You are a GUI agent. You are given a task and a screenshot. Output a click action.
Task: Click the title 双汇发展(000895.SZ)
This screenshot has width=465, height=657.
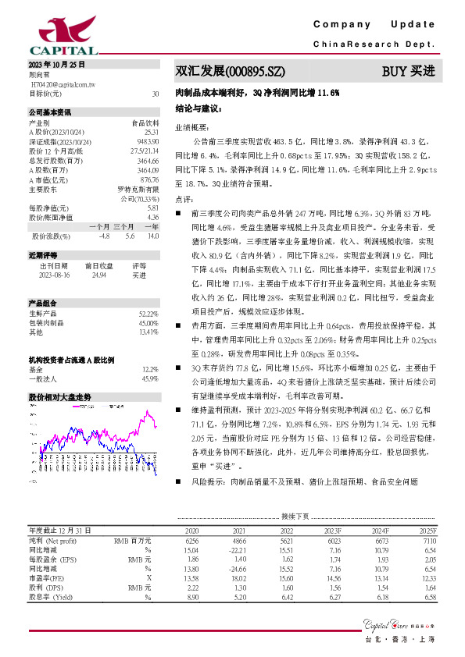224,72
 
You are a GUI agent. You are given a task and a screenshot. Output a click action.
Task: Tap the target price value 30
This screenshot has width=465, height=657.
156,94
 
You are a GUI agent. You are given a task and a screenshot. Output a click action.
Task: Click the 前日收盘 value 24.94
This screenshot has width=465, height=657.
99,275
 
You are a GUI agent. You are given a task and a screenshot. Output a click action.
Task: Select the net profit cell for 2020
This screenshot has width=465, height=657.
191,540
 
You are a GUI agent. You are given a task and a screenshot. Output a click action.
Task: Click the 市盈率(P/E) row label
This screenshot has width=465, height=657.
48,577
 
